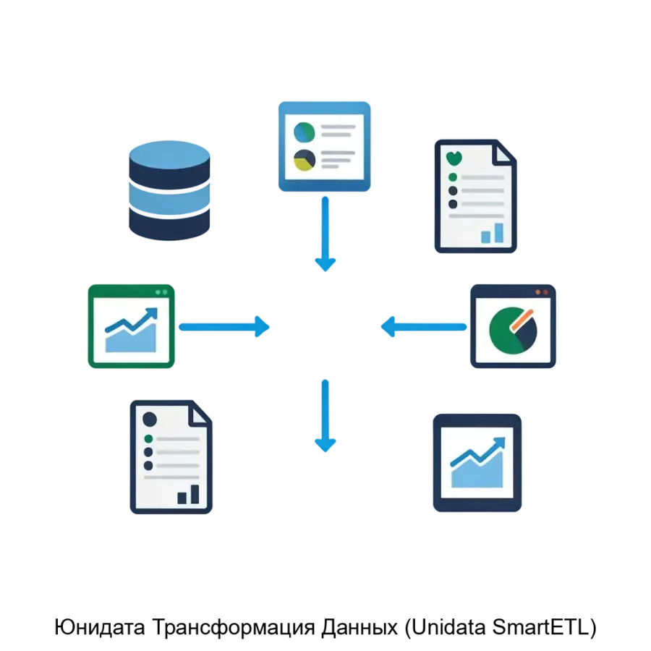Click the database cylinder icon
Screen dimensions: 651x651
coord(169,190)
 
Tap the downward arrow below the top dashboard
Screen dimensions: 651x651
coord(325,234)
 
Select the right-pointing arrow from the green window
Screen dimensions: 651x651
coord(224,327)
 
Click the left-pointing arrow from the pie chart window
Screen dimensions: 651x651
coord(424,327)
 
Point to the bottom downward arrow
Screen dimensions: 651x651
coord(325,416)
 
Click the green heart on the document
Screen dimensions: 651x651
coord(454,158)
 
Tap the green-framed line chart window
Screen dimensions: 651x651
coord(131,326)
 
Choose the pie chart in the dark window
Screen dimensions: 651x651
coord(513,331)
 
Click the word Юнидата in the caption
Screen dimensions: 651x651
coord(100,627)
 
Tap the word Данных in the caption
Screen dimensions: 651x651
coord(359,628)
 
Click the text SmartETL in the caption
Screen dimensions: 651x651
coord(540,627)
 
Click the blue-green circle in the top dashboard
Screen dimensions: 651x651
coord(305,132)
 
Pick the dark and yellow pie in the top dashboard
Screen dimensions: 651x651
coord(305,161)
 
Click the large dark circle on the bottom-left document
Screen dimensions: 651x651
coord(150,419)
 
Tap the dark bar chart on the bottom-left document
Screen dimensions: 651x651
coord(188,494)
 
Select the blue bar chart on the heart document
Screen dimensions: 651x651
coord(492,233)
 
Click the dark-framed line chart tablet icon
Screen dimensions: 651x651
coord(477,462)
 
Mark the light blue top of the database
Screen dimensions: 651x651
coord(169,155)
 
